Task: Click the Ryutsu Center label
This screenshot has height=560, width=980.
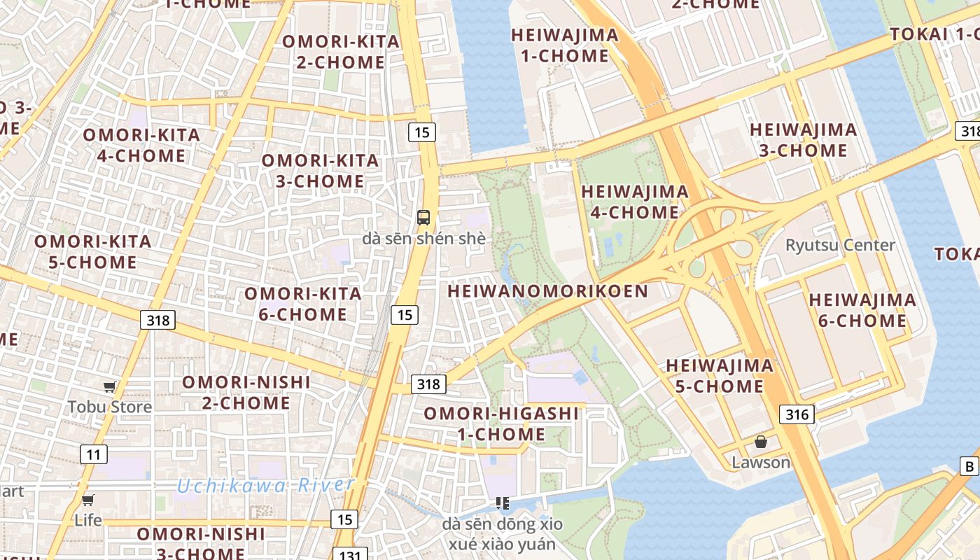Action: click(x=840, y=245)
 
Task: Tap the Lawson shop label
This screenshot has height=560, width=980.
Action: click(x=761, y=462)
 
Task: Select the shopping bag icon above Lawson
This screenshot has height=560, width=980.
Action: click(x=761, y=442)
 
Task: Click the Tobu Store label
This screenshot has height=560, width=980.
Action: click(x=109, y=407)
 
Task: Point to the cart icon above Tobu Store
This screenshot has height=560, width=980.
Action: click(x=109, y=387)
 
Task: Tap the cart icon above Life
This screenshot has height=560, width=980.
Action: click(x=87, y=500)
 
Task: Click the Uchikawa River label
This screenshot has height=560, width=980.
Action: click(x=265, y=485)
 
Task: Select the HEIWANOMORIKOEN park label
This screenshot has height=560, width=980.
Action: click(x=547, y=291)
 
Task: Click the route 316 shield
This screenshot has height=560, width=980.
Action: click(x=797, y=414)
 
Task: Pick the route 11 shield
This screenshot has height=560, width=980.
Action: click(x=93, y=454)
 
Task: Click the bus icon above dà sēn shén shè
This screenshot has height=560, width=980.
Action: click(x=423, y=217)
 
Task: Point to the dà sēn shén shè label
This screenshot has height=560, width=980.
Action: click(x=423, y=239)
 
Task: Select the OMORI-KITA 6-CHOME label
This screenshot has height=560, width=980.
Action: click(x=302, y=304)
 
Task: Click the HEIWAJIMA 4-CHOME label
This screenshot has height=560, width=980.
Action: click(x=634, y=202)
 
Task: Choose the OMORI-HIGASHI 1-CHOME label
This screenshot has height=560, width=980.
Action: click(x=501, y=424)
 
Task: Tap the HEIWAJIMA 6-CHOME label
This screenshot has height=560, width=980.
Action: click(x=862, y=310)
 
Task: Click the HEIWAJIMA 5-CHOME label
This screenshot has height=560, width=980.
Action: click(x=719, y=375)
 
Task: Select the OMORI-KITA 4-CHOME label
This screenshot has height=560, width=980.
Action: click(x=141, y=145)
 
